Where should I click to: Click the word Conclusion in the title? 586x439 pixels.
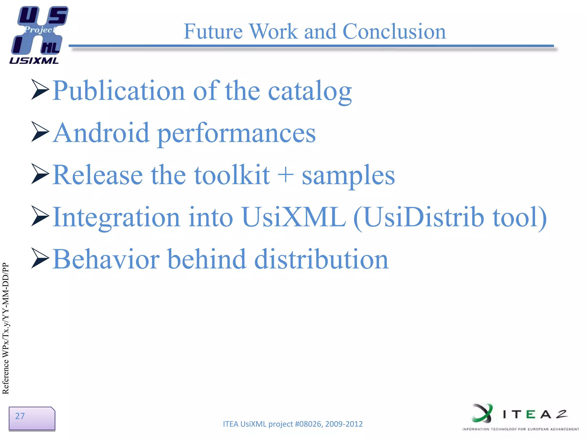coord(394,31)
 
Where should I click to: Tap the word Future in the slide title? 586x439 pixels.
coord(213,31)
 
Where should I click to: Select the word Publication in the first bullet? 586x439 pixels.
coord(119,91)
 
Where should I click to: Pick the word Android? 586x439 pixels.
coord(102,133)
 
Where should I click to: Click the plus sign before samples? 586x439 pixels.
coord(286,175)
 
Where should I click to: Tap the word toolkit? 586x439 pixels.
coord(232,175)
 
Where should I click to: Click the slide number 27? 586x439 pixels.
coord(20,416)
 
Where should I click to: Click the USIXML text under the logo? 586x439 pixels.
coord(34,61)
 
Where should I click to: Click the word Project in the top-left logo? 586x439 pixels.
coord(40,29)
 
